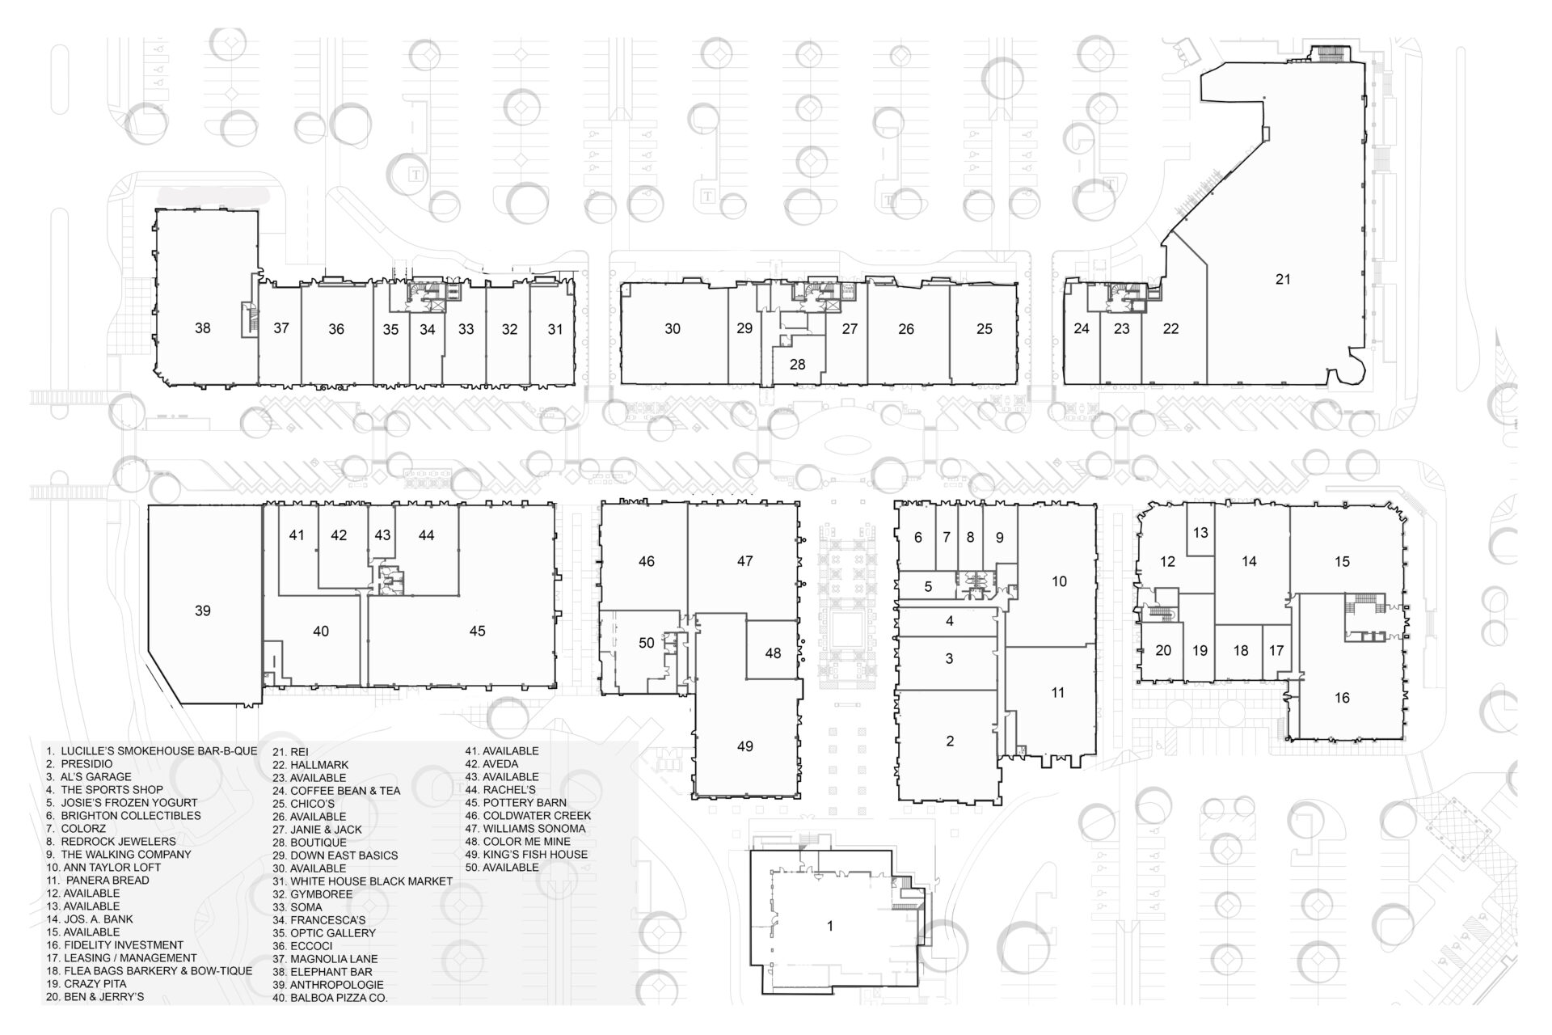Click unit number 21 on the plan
1283,280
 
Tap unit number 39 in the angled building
203,610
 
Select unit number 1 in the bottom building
830,927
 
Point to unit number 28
798,365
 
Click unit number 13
1200,533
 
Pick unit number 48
773,653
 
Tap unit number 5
928,586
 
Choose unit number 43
382,535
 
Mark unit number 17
1276,650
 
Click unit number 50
647,643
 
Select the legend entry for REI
290,751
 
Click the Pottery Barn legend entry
516,803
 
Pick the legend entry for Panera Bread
98,881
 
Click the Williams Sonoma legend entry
525,829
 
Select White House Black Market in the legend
362,881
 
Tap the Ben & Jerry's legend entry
95,997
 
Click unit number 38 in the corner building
203,327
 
